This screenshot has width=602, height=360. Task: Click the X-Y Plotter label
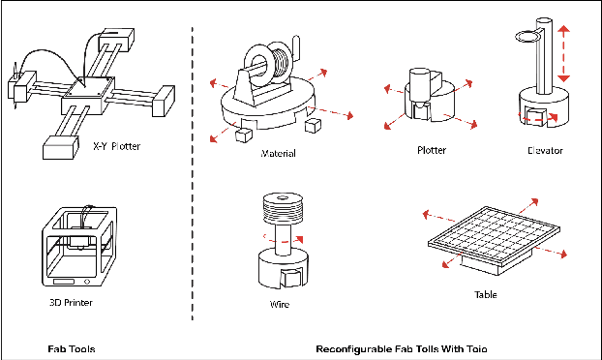click(x=117, y=147)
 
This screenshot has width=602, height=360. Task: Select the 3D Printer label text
click(x=69, y=301)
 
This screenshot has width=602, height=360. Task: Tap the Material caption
click(x=278, y=153)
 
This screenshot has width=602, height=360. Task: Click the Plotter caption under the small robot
click(x=431, y=151)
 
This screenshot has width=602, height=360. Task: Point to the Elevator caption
click(x=545, y=151)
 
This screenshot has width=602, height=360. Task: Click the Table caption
click(x=486, y=293)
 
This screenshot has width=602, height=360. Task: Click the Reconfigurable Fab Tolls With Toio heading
click(x=402, y=346)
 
